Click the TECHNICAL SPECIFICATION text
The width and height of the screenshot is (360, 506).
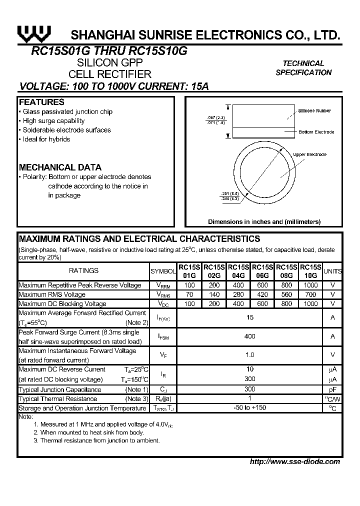click(303, 68)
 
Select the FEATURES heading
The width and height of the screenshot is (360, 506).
click(41, 102)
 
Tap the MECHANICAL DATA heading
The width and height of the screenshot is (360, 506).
click(60, 167)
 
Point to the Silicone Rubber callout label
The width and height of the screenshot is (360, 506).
click(314, 110)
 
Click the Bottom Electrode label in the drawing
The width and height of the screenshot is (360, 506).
click(316, 132)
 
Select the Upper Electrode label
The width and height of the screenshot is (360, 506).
click(309, 154)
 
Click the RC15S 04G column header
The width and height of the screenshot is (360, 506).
click(238, 271)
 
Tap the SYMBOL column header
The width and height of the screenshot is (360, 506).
click(163, 271)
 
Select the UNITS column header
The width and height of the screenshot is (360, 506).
click(332, 271)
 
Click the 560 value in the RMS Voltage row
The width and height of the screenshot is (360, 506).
click(286, 294)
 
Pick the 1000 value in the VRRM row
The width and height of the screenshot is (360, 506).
click(310, 285)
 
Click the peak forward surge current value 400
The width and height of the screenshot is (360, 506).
click(249, 336)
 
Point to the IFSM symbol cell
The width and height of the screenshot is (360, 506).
click(163, 337)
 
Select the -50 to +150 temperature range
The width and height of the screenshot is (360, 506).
click(249, 408)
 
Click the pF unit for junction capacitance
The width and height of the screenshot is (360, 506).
click(332, 389)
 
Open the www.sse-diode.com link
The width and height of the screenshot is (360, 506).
click(295, 461)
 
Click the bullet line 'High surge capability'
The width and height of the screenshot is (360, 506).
click(53, 121)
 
